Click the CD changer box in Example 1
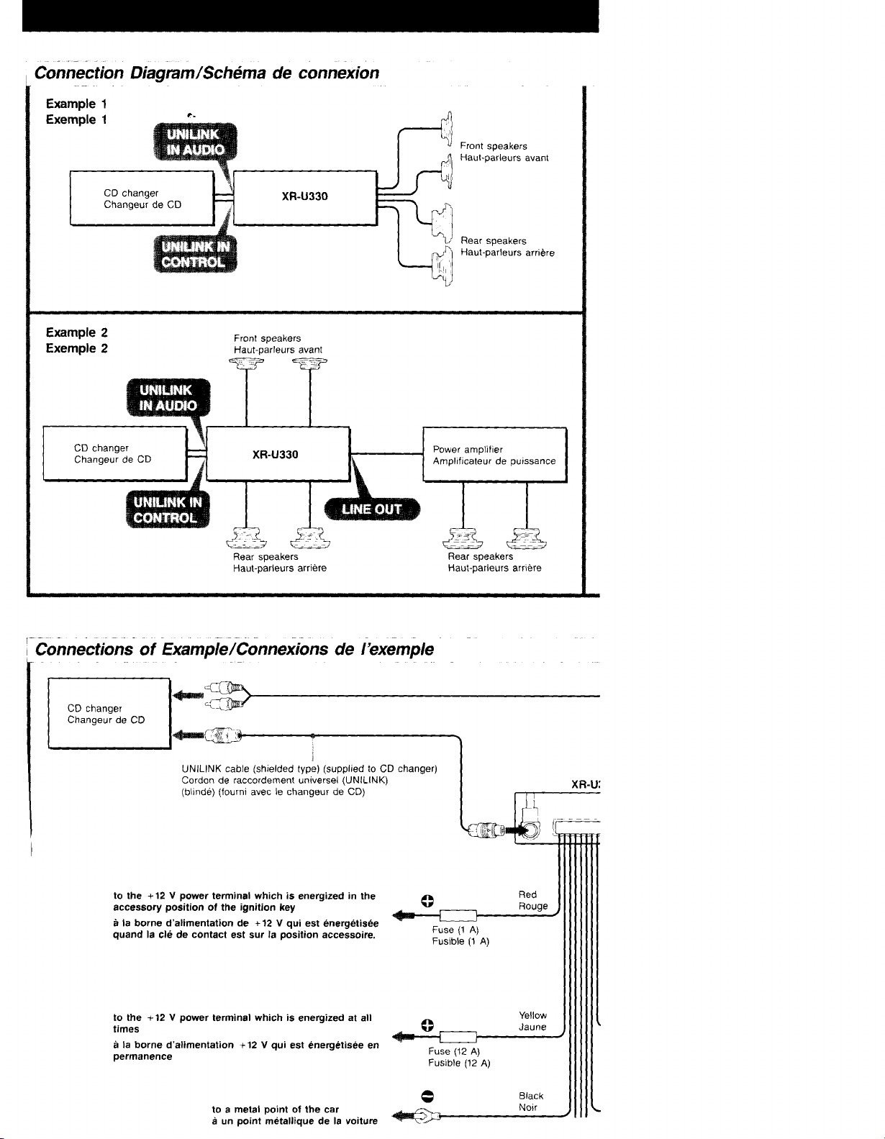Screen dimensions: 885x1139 coord(142,198)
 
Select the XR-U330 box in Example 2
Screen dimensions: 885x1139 coord(278,454)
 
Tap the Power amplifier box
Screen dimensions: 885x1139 coord(494,455)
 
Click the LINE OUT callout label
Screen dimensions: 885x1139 coord(372,509)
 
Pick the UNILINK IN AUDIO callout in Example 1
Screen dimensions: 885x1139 coord(195,142)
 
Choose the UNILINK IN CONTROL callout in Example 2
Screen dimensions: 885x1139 coord(168,510)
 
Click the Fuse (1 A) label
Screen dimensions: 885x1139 coord(455,930)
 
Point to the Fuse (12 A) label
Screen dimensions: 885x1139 coord(454,1051)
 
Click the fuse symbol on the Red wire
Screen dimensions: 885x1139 coord(458,916)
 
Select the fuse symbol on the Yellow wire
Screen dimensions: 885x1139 coord(458,1037)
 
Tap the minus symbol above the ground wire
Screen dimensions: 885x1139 coord(427,1096)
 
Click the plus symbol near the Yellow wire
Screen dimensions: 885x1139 coord(427,1026)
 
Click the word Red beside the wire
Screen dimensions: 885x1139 coord(527,895)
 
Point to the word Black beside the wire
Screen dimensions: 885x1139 coord(531,1096)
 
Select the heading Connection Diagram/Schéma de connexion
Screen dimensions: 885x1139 coord(206,73)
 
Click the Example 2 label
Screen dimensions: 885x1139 coord(76,332)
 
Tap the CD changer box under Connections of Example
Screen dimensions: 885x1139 coord(109,713)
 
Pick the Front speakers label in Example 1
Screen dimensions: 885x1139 coord(494,146)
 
